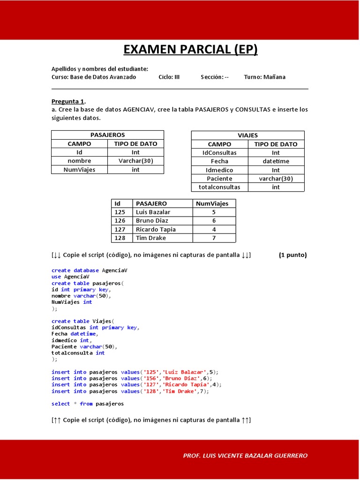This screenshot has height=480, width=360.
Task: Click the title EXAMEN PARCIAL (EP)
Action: pyautogui.click(x=190, y=49)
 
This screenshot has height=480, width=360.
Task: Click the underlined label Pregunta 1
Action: pyautogui.click(x=68, y=101)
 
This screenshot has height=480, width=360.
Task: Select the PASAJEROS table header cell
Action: pyautogui.click(x=107, y=135)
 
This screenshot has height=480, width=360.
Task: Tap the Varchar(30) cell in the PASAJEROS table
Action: pyautogui.click(x=135, y=161)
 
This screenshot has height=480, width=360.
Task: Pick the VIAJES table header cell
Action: pyautogui.click(x=247, y=135)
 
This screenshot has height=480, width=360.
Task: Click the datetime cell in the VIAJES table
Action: pyautogui.click(x=276, y=161)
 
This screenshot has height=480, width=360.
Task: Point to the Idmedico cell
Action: pyautogui.click(x=219, y=170)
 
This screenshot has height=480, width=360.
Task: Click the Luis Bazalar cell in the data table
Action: pyautogui.click(x=153, y=212)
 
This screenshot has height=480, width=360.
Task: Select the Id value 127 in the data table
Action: pyautogui.click(x=120, y=229)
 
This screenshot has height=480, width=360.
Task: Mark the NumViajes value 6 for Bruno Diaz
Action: pyautogui.click(x=214, y=221)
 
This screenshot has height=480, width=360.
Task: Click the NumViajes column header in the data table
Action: pyautogui.click(x=212, y=203)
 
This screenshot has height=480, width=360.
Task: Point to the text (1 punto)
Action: pyautogui.click(x=292, y=255)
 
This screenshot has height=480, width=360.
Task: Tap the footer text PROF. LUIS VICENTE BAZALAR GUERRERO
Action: pyautogui.click(x=245, y=456)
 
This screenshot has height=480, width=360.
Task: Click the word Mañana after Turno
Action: pyautogui.click(x=274, y=77)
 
